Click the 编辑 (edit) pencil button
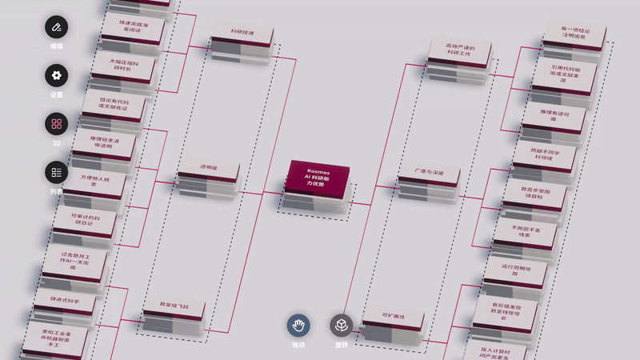click(56, 28)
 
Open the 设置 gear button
click(56, 76)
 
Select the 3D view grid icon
click(56, 124)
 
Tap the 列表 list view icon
click(56, 172)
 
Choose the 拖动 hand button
click(299, 325)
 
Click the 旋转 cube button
click(341, 325)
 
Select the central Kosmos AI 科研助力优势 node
click(317, 177)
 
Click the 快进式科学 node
click(63, 301)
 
